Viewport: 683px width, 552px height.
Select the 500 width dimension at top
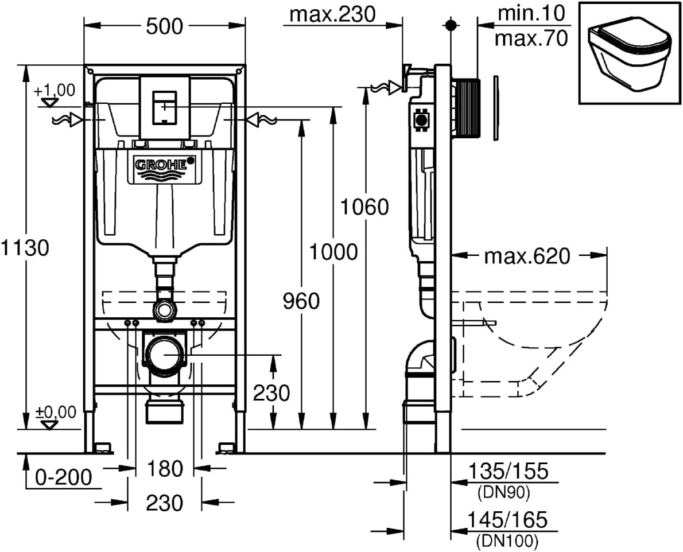coord(164,26)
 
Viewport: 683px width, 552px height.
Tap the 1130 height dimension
coord(25,248)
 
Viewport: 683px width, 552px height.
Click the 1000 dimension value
coord(333,251)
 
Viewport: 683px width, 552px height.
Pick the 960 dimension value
coord(301,300)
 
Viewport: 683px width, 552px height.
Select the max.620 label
coord(527,256)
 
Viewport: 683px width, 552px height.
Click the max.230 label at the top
coord(332,14)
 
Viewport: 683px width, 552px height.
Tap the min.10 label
coord(531,13)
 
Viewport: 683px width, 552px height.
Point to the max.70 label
coord(531,38)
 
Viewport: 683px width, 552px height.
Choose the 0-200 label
coord(63,476)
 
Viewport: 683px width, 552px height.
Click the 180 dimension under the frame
coord(164,469)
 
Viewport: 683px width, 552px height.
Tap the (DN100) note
coord(507,540)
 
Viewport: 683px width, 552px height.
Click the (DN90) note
coord(503,492)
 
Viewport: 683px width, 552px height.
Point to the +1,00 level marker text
coord(55,90)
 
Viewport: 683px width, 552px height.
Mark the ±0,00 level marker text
coord(55,411)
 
